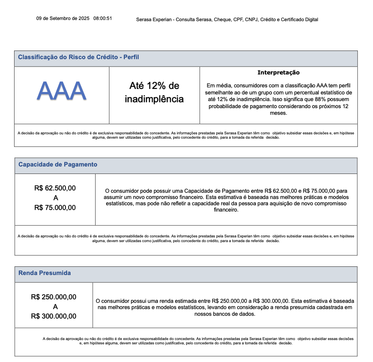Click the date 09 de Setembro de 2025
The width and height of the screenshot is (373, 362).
coord(63,18)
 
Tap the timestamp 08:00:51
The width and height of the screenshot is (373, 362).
coord(103,18)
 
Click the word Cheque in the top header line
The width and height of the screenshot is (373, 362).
coord(222,20)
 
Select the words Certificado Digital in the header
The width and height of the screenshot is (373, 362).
coord(300,20)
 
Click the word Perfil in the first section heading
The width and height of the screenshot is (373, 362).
coord(131,57)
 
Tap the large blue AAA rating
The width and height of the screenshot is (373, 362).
coord(62,91)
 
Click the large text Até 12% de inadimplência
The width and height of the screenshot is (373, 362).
coord(154,92)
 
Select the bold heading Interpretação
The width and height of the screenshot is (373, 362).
coord(279,72)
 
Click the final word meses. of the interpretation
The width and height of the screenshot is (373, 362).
coord(279,113)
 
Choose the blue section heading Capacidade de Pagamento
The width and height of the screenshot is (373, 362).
coord(58,165)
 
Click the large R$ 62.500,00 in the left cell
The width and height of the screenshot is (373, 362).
coord(55,188)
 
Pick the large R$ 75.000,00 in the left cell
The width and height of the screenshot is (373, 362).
coord(55,208)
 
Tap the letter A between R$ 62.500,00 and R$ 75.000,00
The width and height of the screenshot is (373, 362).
coord(55,198)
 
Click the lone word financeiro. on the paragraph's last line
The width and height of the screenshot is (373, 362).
coord(226,210)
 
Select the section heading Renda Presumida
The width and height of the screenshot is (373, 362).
coord(45,273)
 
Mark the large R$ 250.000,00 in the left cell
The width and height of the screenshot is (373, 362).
coord(54,297)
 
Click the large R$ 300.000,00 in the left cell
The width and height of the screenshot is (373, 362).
coord(54,316)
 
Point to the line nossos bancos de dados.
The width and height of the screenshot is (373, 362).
coord(225,314)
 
